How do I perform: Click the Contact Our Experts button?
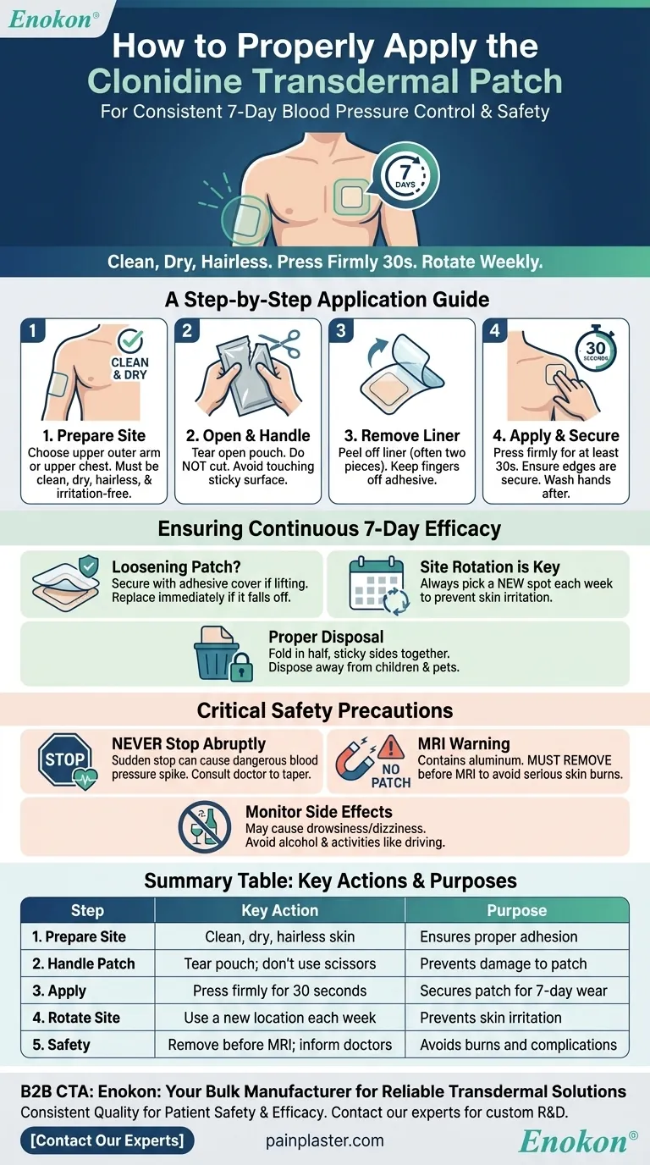(x=107, y=1140)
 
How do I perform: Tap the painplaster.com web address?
(x=324, y=1141)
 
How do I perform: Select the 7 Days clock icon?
(x=405, y=176)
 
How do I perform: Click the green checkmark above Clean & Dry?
(x=130, y=340)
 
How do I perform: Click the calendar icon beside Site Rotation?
(x=377, y=584)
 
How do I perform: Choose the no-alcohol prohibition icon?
(x=205, y=826)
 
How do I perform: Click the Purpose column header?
(x=517, y=910)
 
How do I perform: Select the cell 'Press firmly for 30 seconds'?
(x=280, y=991)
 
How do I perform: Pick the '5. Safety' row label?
(x=61, y=1044)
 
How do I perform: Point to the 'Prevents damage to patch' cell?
(x=504, y=963)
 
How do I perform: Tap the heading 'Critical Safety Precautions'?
(x=325, y=710)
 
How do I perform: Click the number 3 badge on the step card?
(x=341, y=331)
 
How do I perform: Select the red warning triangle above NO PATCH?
(x=391, y=747)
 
